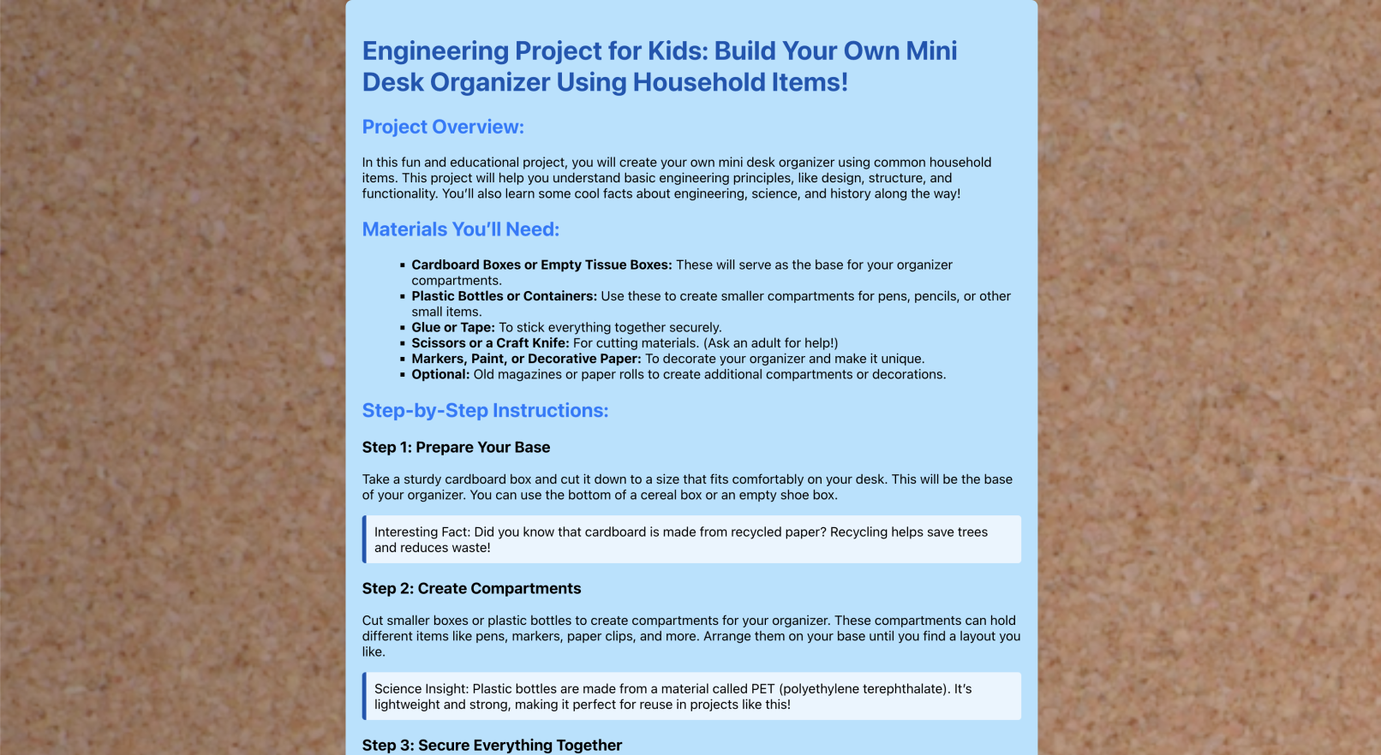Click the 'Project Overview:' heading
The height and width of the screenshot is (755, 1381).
tap(442, 128)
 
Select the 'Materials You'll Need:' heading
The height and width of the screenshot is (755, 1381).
tap(460, 230)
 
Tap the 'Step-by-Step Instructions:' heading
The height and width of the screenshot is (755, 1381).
tap(485, 411)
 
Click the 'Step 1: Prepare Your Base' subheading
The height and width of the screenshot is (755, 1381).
tap(456, 448)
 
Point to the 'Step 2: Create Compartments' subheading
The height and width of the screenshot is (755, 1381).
tap(471, 589)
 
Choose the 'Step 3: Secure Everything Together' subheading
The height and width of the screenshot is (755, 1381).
tap(492, 746)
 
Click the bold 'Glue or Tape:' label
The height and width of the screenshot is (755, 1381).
tap(453, 328)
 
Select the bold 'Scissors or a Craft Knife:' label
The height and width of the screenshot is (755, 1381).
tap(490, 343)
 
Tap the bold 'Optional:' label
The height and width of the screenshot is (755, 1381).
tap(440, 375)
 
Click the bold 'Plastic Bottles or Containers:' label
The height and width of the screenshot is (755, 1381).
tap(504, 296)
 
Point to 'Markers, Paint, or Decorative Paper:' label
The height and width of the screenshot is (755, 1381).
tap(526, 360)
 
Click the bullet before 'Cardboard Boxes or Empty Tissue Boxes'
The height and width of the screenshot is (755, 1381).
tap(402, 265)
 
